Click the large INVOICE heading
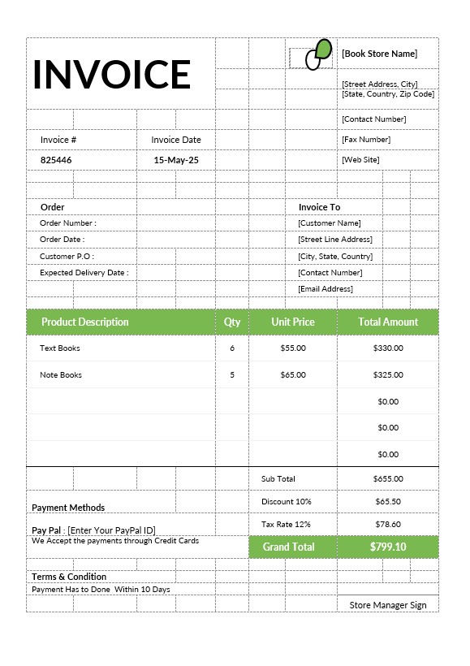(x=111, y=74)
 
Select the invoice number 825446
(x=56, y=160)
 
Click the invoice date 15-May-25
(x=176, y=160)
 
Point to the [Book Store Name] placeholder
(x=379, y=54)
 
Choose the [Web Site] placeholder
(x=360, y=160)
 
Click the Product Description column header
(x=84, y=322)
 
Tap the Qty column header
(x=232, y=322)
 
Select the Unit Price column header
(x=293, y=322)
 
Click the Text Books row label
(x=60, y=348)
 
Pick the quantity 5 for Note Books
(x=232, y=374)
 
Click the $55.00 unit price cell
(x=293, y=348)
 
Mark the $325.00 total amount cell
(x=388, y=374)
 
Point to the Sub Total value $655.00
(x=388, y=479)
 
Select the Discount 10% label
(x=286, y=502)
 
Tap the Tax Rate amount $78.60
(x=388, y=525)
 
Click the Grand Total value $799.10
(x=388, y=547)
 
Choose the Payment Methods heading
(x=68, y=508)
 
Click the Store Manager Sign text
(x=388, y=605)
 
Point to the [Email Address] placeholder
(x=326, y=288)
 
